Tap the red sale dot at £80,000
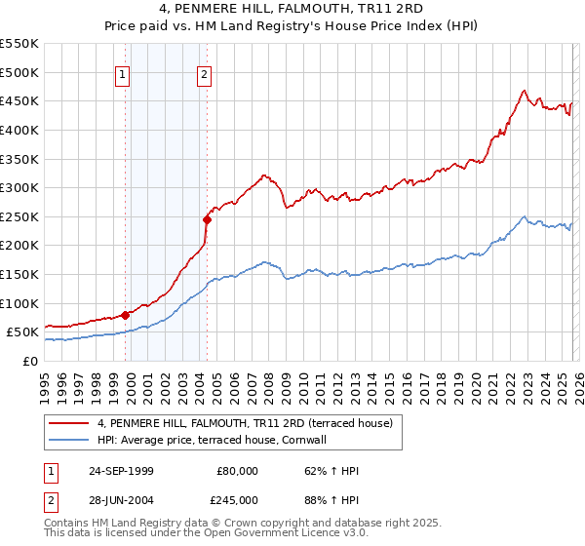pyautogui.click(x=126, y=314)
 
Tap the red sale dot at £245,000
pyautogui.click(x=207, y=219)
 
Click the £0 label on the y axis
pyautogui.click(x=30, y=361)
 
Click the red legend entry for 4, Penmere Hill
pyautogui.click(x=245, y=423)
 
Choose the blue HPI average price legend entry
pyautogui.click(x=215, y=440)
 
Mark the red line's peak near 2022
pyautogui.click(x=525, y=90)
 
